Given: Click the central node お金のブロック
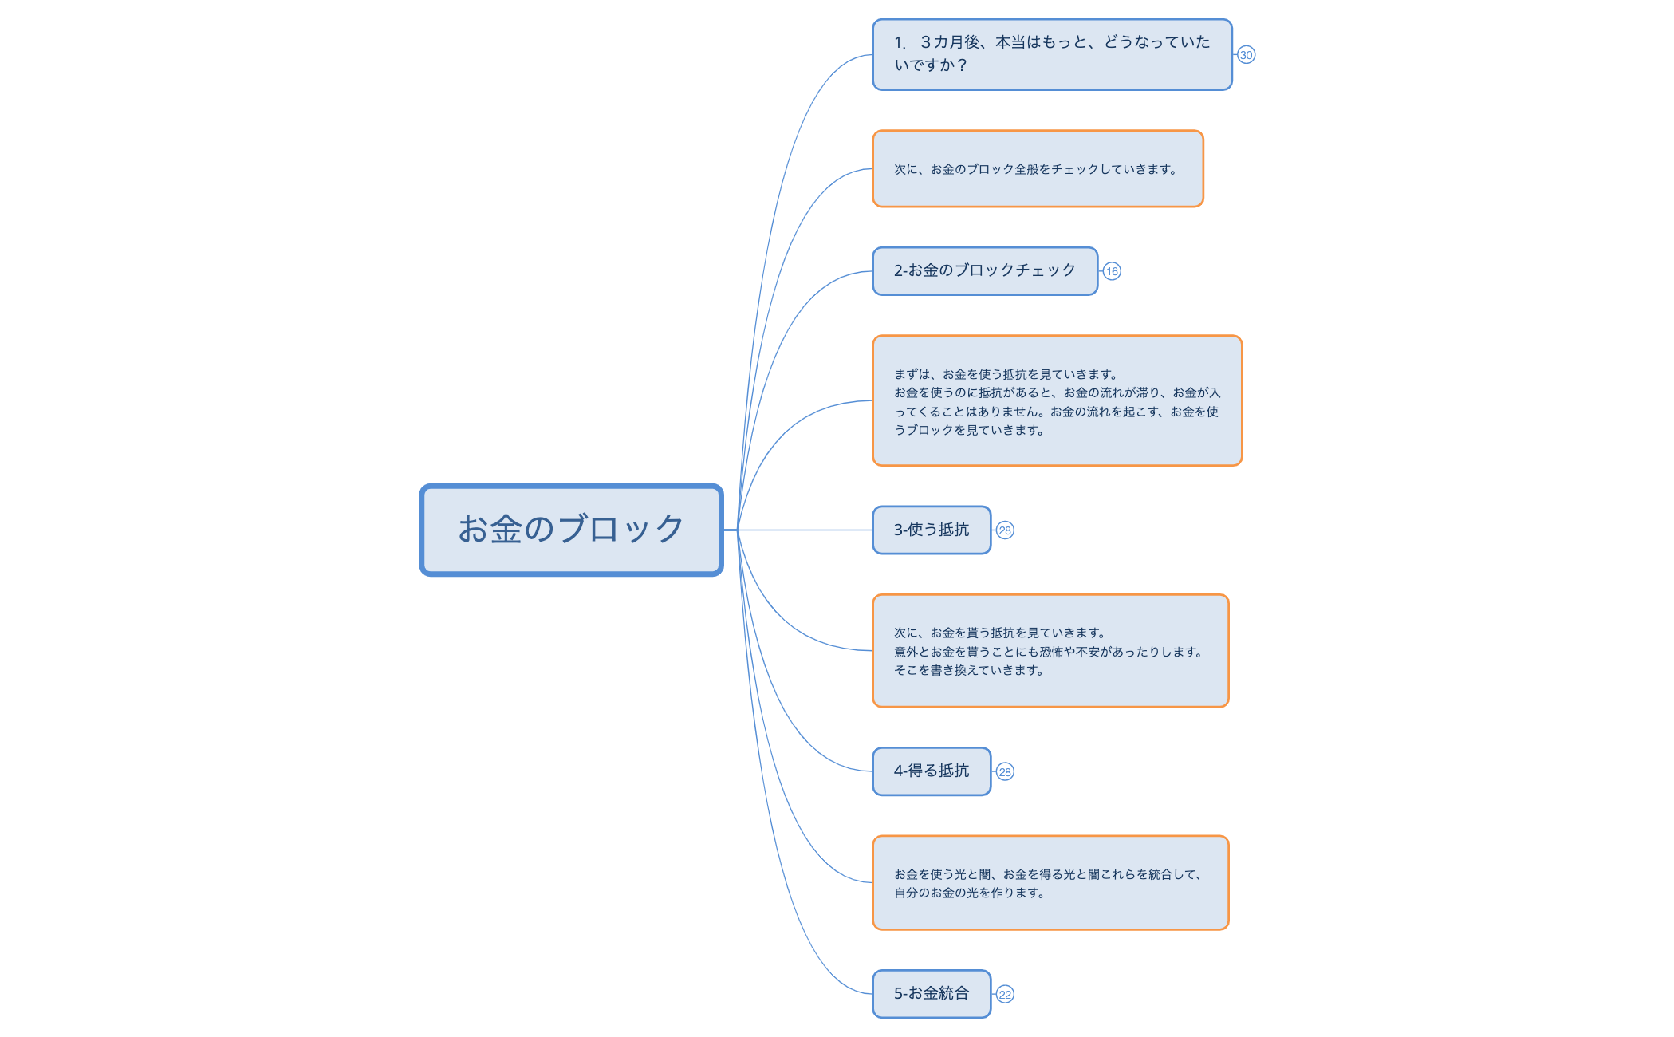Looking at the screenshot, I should (x=571, y=530).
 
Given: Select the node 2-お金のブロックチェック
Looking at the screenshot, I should (x=984, y=271).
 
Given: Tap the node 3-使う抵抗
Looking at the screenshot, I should (x=931, y=530).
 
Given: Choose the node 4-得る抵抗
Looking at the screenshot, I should (x=931, y=771).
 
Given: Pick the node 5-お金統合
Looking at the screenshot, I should (x=931, y=994).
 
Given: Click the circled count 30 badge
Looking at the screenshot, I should (x=1246, y=55).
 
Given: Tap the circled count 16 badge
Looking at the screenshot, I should (x=1112, y=271).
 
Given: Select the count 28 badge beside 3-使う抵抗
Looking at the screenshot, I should (x=1005, y=530).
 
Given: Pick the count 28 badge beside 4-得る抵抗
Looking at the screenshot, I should (x=1005, y=772).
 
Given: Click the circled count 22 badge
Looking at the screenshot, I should (x=1005, y=995).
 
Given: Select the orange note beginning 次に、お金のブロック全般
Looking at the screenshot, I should (x=1037, y=169).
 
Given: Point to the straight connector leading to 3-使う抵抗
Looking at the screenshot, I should (x=805, y=530).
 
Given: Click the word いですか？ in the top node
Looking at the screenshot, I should (x=930, y=65).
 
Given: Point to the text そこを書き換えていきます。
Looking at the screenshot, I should (x=968, y=671).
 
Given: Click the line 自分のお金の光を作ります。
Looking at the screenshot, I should (x=969, y=893).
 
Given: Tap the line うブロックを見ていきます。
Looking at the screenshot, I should (x=968, y=431).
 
